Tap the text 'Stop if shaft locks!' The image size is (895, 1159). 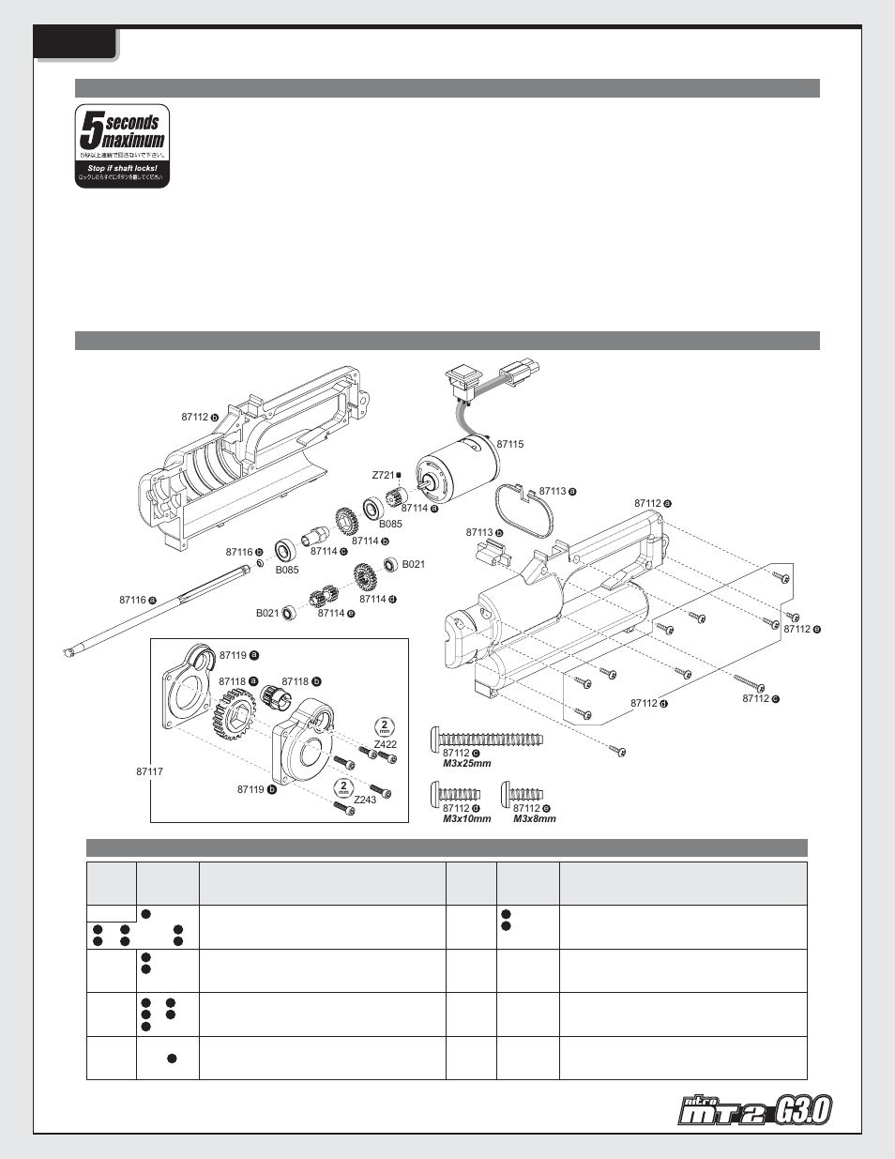coord(122,168)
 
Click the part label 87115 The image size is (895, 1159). coord(509,444)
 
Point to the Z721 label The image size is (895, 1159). coord(384,476)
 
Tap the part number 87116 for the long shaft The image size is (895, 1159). coord(132,600)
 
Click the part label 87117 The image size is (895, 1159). coord(149,771)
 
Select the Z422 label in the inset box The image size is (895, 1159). coord(386,744)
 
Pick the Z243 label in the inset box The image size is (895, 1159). coord(365,800)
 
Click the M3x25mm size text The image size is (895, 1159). coord(466,764)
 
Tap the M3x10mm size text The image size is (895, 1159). coord(466,819)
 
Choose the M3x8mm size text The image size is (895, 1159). coord(534,819)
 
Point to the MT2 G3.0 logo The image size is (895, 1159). coord(755,1111)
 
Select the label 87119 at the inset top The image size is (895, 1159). coord(233,655)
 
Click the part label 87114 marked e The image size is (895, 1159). coord(331,613)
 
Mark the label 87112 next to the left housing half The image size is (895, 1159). coord(194,418)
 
